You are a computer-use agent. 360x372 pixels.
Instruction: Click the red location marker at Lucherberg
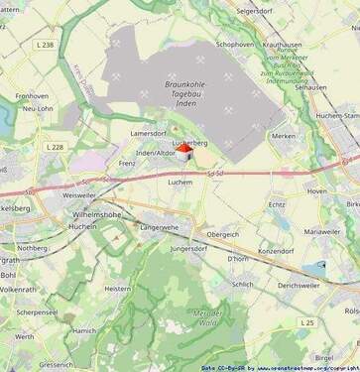pos(183,145)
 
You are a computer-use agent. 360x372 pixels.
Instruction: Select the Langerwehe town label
pos(165,227)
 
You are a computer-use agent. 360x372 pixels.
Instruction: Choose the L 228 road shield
pos(54,147)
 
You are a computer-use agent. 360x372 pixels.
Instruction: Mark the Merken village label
pos(285,136)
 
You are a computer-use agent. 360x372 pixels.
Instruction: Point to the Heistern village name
pos(118,288)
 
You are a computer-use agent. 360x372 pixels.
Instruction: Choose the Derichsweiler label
pos(299,285)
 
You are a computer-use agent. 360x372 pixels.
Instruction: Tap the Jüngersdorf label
pos(187,248)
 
